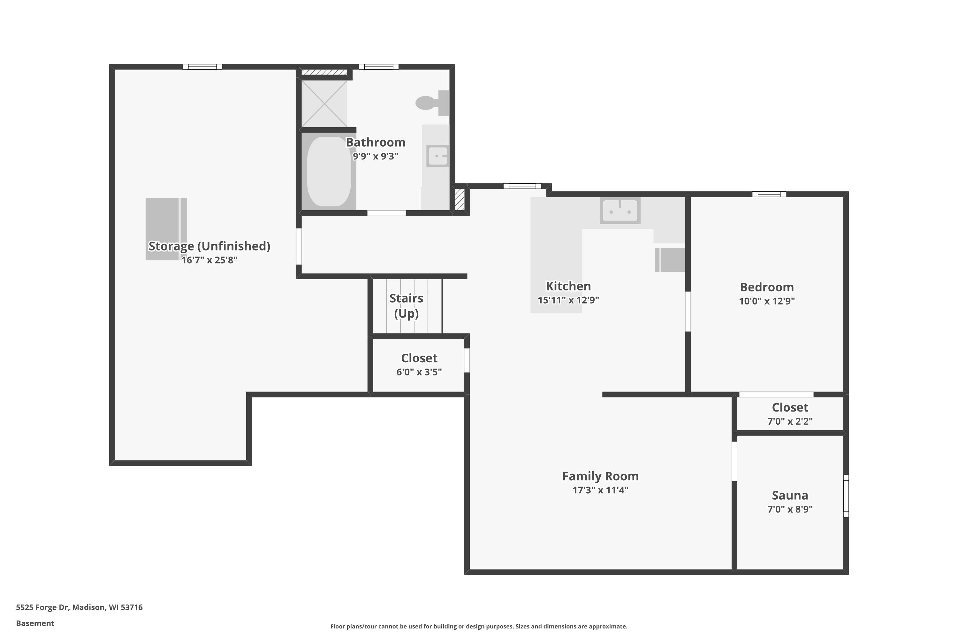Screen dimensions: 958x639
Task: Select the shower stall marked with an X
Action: [x=324, y=104]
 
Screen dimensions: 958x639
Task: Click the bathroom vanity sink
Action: [x=438, y=156]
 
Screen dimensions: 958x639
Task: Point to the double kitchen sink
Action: [x=620, y=210]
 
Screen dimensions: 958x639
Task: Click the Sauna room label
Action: [x=790, y=495]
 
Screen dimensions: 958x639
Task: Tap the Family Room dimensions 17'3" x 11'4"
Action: [x=600, y=490]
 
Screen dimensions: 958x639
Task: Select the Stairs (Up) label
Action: [x=406, y=306]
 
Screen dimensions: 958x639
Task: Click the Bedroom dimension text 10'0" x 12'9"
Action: [x=767, y=301]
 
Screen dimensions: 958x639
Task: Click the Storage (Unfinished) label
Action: [x=209, y=246]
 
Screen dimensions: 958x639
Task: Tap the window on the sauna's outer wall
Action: [x=846, y=496]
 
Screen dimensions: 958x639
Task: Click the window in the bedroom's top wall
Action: [x=769, y=194]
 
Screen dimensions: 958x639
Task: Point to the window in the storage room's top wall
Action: [x=202, y=67]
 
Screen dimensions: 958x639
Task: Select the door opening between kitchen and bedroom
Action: [x=688, y=311]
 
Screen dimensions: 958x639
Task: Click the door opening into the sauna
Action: [x=734, y=461]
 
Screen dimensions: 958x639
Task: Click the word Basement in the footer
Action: [x=35, y=623]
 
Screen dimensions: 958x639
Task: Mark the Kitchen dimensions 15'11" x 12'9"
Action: [x=568, y=300]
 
